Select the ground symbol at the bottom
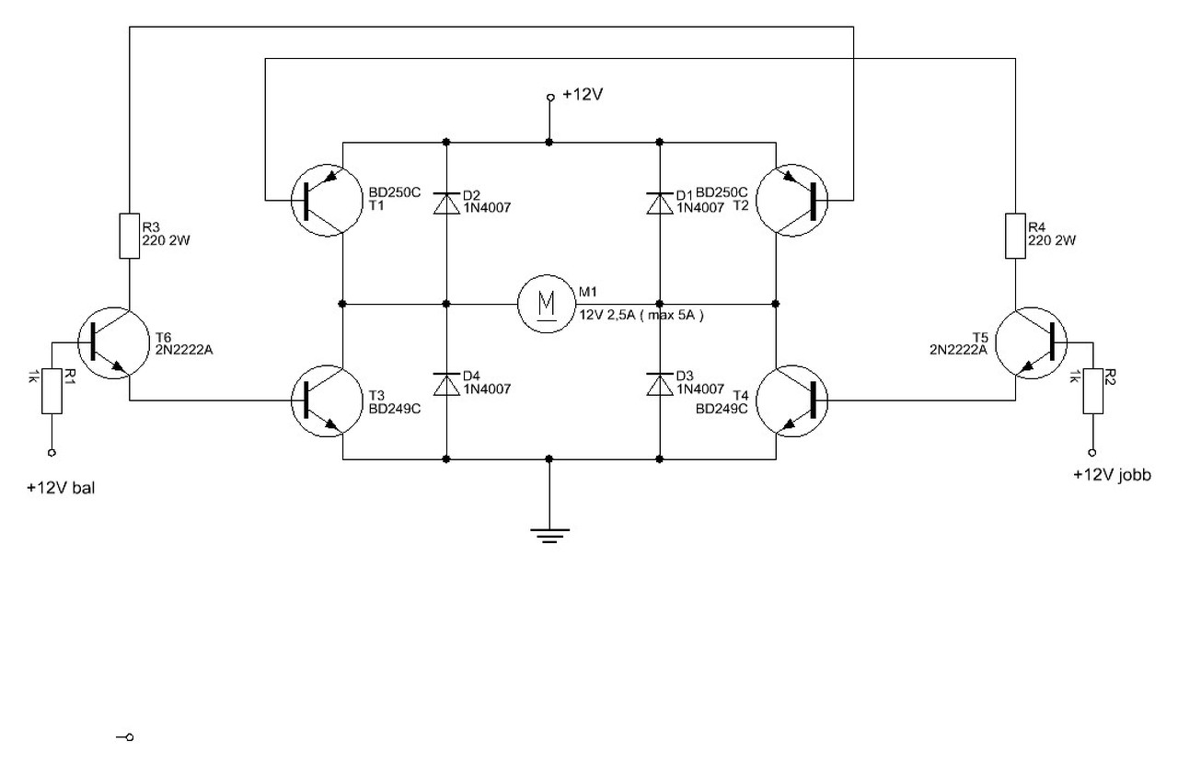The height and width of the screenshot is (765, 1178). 549,535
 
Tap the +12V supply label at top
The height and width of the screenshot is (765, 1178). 583,95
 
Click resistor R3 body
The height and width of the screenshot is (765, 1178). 130,236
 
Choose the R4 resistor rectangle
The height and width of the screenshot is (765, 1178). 1015,236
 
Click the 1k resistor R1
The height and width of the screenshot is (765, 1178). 52,391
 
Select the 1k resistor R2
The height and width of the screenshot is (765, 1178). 1092,391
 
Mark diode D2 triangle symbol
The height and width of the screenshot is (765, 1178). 446,203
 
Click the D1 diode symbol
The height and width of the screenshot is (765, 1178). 660,203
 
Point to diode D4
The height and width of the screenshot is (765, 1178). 446,384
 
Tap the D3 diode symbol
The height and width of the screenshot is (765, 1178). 660,384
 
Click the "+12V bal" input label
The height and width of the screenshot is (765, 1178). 61,488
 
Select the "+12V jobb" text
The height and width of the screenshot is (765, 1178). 1113,476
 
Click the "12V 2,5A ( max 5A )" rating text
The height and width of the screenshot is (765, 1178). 641,315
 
